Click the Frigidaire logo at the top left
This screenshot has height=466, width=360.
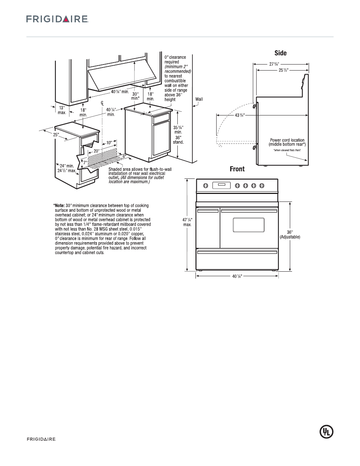click(57, 19)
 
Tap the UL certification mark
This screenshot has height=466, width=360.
click(327, 432)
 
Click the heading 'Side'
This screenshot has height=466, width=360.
click(280, 53)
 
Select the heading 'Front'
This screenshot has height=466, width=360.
click(237, 169)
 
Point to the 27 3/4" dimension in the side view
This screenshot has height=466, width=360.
click(274, 64)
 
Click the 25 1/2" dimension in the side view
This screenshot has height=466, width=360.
click(283, 70)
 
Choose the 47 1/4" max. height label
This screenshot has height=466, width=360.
click(187, 222)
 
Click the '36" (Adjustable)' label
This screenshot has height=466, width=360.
click(290, 235)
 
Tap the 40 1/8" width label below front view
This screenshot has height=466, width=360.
click(237, 276)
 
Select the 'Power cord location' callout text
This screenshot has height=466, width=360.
click(287, 142)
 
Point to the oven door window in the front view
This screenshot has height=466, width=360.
click(248, 225)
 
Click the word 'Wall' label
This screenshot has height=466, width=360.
click(199, 99)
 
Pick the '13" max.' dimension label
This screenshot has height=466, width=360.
click(62, 110)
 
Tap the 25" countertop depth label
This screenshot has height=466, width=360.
click(56, 135)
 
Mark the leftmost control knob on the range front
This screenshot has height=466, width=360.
click(206, 185)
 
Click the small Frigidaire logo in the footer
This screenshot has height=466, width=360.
click(41, 439)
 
